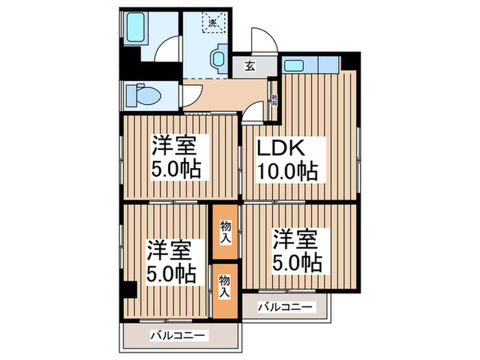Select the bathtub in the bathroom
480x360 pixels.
[136, 27]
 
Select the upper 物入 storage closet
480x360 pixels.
[225, 233]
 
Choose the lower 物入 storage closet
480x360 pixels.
[225, 287]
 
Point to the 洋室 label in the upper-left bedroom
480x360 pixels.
[175, 145]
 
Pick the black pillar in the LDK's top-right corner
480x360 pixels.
[350, 60]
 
